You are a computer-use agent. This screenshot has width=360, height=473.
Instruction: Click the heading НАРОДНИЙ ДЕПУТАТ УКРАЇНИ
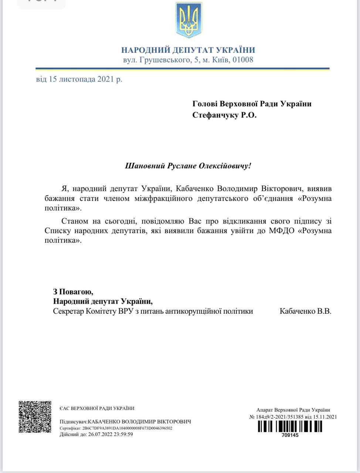pos(188,50)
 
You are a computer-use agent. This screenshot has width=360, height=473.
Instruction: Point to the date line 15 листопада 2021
pos(79,79)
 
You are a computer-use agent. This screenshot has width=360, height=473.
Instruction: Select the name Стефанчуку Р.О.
pos(224,115)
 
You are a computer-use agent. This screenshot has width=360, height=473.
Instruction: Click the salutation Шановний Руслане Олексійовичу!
pos(188,166)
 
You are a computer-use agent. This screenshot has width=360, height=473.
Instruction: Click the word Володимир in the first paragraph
pos(237,188)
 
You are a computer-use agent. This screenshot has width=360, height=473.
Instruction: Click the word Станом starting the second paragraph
pos(75,221)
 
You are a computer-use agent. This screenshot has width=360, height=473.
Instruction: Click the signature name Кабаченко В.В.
pos(306,311)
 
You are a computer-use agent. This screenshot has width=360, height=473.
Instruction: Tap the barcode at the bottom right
pos(290,426)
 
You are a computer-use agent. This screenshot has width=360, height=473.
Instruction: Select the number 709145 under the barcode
pos(290,435)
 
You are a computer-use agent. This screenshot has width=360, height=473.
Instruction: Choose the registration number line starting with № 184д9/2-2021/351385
pos(293,417)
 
